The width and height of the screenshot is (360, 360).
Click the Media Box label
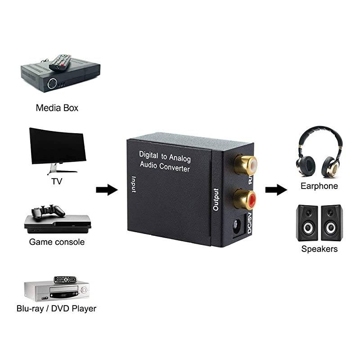(x=57, y=108)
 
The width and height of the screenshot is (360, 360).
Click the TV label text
(x=57, y=182)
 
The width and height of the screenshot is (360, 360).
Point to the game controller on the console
(x=47, y=210)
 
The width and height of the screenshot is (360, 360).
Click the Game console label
(x=57, y=242)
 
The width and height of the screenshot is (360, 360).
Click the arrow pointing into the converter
(x=107, y=189)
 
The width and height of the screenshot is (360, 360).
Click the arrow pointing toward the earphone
(x=276, y=189)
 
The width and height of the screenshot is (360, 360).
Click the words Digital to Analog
(x=165, y=156)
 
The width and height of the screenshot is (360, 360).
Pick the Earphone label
(x=319, y=186)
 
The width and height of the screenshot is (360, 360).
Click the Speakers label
(x=319, y=249)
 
